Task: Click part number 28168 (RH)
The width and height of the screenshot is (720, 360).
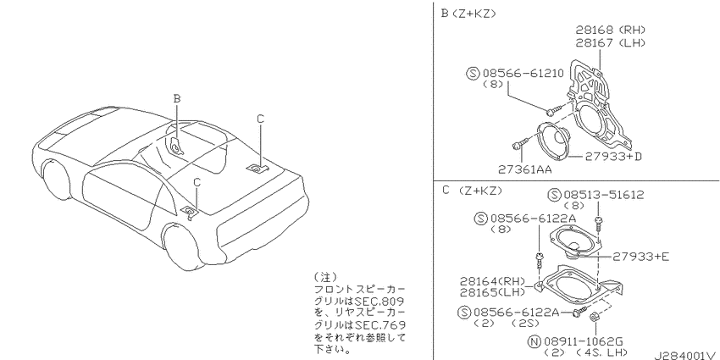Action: [x=611, y=30]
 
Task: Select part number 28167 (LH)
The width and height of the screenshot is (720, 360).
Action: [x=611, y=43]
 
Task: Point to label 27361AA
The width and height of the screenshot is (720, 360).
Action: [x=525, y=170]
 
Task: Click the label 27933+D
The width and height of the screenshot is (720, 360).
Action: [x=613, y=157]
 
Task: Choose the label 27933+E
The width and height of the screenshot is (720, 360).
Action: [x=640, y=257]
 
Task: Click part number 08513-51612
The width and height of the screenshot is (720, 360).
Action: [x=604, y=195]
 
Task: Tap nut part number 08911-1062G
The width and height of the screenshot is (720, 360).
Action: [x=583, y=341]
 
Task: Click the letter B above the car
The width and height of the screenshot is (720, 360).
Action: [x=177, y=98]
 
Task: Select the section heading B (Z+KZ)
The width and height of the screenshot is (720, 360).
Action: [x=468, y=14]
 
